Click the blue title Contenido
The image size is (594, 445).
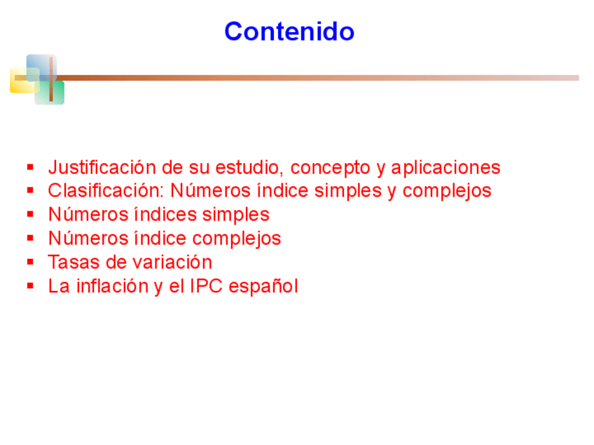289,31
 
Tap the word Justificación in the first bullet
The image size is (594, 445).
102,168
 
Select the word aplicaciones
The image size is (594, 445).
445,168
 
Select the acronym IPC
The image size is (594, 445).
206,286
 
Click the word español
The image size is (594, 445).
263,286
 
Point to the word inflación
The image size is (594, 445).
113,285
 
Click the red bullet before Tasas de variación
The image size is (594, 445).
31,262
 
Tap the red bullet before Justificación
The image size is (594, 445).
31,167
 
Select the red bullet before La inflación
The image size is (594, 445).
31,285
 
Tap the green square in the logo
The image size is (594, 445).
50,92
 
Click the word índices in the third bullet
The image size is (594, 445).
166,215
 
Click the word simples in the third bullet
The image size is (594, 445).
235,215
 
